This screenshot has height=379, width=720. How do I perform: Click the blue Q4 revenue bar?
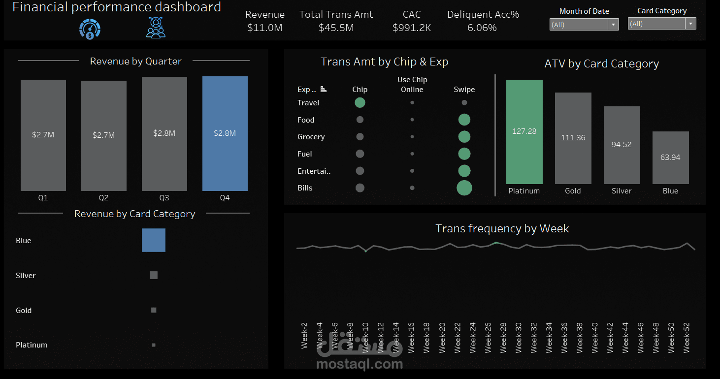[x=225, y=133]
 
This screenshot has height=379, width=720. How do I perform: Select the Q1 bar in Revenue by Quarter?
[x=43, y=135]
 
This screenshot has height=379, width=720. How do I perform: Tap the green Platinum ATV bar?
[x=524, y=131]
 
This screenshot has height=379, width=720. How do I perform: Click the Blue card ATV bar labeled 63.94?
[x=670, y=158]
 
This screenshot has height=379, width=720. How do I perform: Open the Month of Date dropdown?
[x=584, y=25]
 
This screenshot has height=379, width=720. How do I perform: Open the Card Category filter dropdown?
[x=661, y=24]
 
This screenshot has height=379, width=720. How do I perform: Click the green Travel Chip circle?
[x=360, y=103]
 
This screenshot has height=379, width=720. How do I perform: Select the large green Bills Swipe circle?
[x=464, y=188]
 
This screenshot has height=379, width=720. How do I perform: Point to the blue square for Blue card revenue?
[x=154, y=240]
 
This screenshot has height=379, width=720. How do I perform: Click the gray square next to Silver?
[x=154, y=275]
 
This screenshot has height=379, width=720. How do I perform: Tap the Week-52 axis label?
[x=687, y=338]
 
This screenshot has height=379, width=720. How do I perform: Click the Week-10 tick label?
[x=365, y=338]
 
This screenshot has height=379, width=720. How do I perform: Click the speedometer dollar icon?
[x=90, y=29]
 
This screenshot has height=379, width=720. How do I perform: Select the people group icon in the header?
[x=156, y=28]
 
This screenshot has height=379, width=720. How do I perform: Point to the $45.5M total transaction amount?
[x=336, y=28]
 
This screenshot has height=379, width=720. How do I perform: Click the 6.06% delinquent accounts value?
[x=482, y=28]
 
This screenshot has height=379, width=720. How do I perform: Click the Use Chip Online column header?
[x=412, y=85]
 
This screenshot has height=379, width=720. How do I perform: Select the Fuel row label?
[x=305, y=154]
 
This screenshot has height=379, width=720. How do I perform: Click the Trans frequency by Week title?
[x=502, y=228]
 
